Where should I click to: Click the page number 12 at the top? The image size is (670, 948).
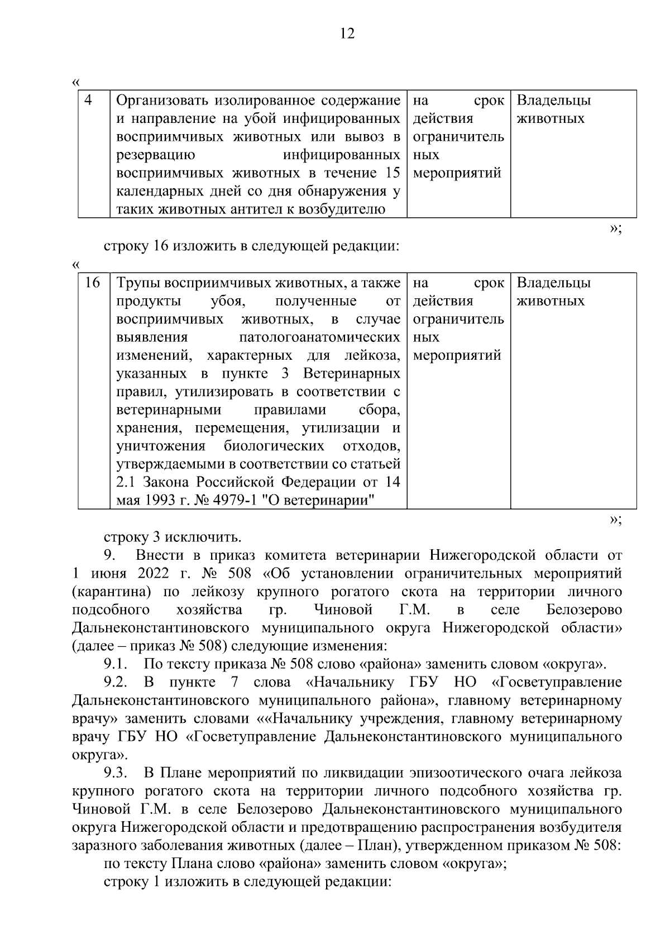347,34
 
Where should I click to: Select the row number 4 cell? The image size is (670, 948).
88,101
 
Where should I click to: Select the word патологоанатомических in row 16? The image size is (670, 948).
319,337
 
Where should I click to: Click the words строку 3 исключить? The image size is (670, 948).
173,537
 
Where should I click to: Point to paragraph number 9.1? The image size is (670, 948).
116,664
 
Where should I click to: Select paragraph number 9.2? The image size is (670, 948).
116,683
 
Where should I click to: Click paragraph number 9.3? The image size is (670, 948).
116,774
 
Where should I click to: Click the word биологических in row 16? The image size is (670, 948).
274,446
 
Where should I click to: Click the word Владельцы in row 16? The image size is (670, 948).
553,283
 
